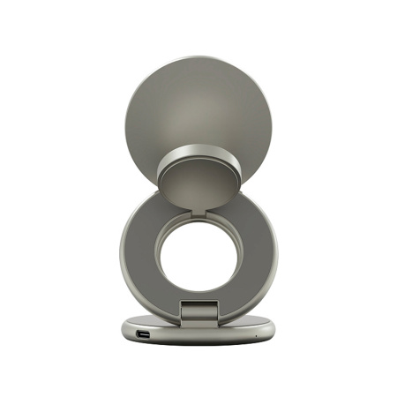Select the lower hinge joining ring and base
(x=198, y=311)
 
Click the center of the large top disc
(x=198, y=115)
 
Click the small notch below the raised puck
(x=198, y=210)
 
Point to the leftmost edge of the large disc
(x=129, y=124)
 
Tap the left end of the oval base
(x=125, y=330)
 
